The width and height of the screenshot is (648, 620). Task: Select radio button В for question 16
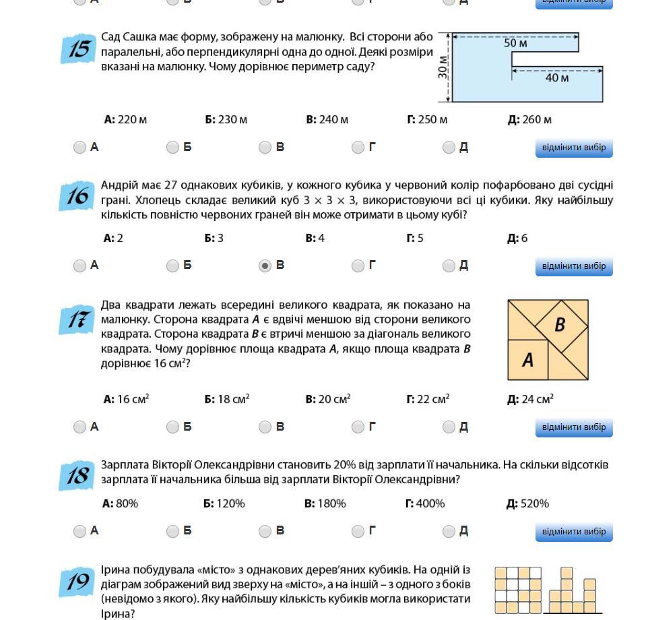[265, 266]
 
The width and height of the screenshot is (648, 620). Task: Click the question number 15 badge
[78, 49]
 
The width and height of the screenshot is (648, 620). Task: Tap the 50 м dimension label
[515, 43]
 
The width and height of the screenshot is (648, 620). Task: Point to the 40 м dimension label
[556, 78]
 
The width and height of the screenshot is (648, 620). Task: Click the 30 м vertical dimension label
[443, 67]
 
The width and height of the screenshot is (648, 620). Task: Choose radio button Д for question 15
[449, 148]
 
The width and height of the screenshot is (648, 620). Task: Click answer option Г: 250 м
[427, 120]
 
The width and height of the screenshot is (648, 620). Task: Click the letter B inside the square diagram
[559, 325]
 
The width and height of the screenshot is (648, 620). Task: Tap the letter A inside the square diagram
[527, 361]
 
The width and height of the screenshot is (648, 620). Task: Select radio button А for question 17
[79, 427]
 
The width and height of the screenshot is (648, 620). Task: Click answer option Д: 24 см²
[530, 400]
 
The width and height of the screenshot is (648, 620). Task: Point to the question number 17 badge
[77, 319]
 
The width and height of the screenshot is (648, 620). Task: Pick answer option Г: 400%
[425, 504]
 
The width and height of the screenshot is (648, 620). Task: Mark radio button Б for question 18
[172, 532]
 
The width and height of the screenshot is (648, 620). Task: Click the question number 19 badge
[77, 582]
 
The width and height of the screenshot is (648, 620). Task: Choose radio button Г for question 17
[358, 427]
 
